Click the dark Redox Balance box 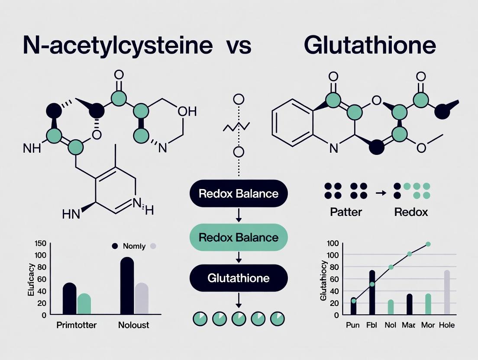(238, 193)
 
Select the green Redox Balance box (238, 237)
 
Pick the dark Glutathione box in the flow (238, 278)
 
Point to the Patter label (346, 212)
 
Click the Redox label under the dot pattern (411, 212)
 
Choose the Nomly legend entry (134, 246)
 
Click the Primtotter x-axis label (77, 325)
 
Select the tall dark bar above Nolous (127, 285)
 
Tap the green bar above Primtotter (84, 304)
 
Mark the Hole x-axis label (447, 325)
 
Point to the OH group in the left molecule (187, 112)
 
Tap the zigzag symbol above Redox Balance (236, 127)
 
